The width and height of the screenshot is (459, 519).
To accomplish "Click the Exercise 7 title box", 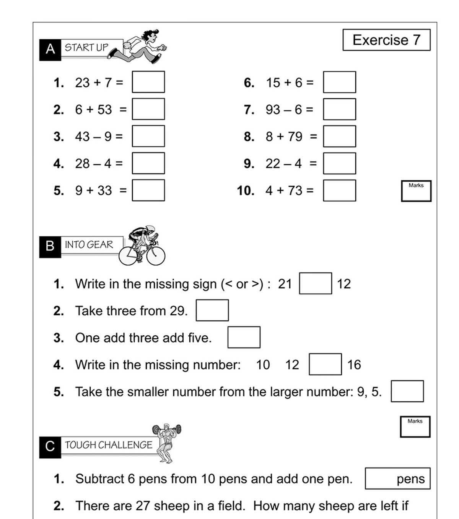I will [x=386, y=40].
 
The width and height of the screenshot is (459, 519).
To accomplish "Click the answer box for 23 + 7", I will [x=148, y=82].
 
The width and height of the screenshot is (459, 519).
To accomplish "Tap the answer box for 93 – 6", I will [x=339, y=109].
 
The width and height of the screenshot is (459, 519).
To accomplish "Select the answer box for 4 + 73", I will [x=339, y=190].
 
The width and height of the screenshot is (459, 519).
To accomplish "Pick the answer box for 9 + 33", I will [x=148, y=190].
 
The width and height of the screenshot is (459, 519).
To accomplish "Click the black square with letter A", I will [x=50, y=50].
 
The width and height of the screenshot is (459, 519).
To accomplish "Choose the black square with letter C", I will [x=50, y=447].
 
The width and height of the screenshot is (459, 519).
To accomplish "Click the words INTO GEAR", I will [x=89, y=244].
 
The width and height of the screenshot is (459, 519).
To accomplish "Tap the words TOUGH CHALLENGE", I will [x=109, y=445].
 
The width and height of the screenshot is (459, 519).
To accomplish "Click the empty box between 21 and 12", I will [x=315, y=283].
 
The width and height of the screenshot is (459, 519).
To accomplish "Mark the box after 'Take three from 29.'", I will [x=212, y=310].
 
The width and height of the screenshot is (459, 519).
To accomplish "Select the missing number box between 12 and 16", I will [x=325, y=364].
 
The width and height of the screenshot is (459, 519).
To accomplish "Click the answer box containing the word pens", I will [x=397, y=479].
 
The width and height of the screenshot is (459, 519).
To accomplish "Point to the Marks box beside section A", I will [x=416, y=191].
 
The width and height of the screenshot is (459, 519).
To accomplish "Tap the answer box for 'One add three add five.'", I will [x=244, y=337].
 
